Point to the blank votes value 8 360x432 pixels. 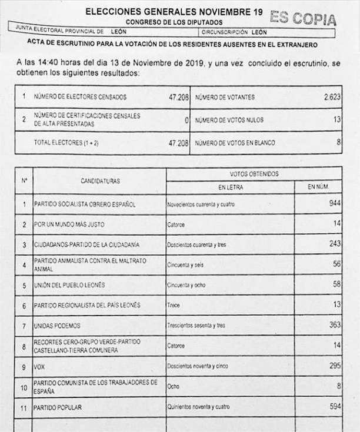[x=338, y=142]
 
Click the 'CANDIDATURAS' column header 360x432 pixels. [x=100, y=181]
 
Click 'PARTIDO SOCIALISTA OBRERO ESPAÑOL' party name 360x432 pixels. [x=85, y=205]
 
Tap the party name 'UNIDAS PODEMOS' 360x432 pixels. [x=58, y=325]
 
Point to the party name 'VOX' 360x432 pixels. [x=40, y=366]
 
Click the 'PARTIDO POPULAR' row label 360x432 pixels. [x=58, y=407]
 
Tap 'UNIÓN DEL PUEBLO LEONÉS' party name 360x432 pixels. [x=69, y=285]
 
